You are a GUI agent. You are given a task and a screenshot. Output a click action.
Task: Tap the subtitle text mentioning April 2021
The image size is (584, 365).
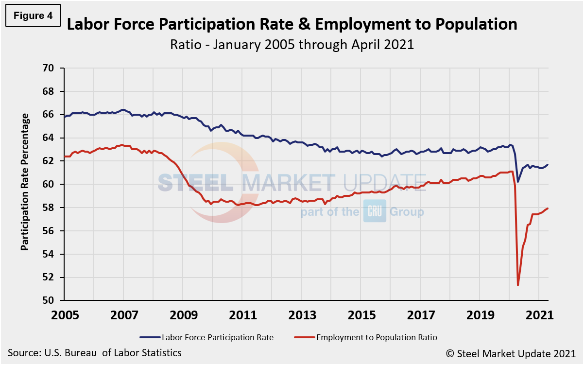tap(292, 45)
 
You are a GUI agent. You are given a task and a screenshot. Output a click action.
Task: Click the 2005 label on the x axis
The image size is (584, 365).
tap(66, 315)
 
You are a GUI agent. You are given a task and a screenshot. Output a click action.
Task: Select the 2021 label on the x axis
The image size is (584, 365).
tap(540, 315)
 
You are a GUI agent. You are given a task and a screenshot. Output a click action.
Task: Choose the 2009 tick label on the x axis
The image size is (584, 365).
tap(184, 315)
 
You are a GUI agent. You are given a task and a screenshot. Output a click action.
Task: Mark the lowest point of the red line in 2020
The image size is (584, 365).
tap(518, 285)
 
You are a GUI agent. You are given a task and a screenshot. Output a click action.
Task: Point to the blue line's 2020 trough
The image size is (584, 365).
tap(518, 182)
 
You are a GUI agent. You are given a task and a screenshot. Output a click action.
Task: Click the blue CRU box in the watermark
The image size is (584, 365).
tap(375, 212)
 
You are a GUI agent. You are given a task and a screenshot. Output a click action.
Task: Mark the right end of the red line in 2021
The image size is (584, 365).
tap(548, 209)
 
